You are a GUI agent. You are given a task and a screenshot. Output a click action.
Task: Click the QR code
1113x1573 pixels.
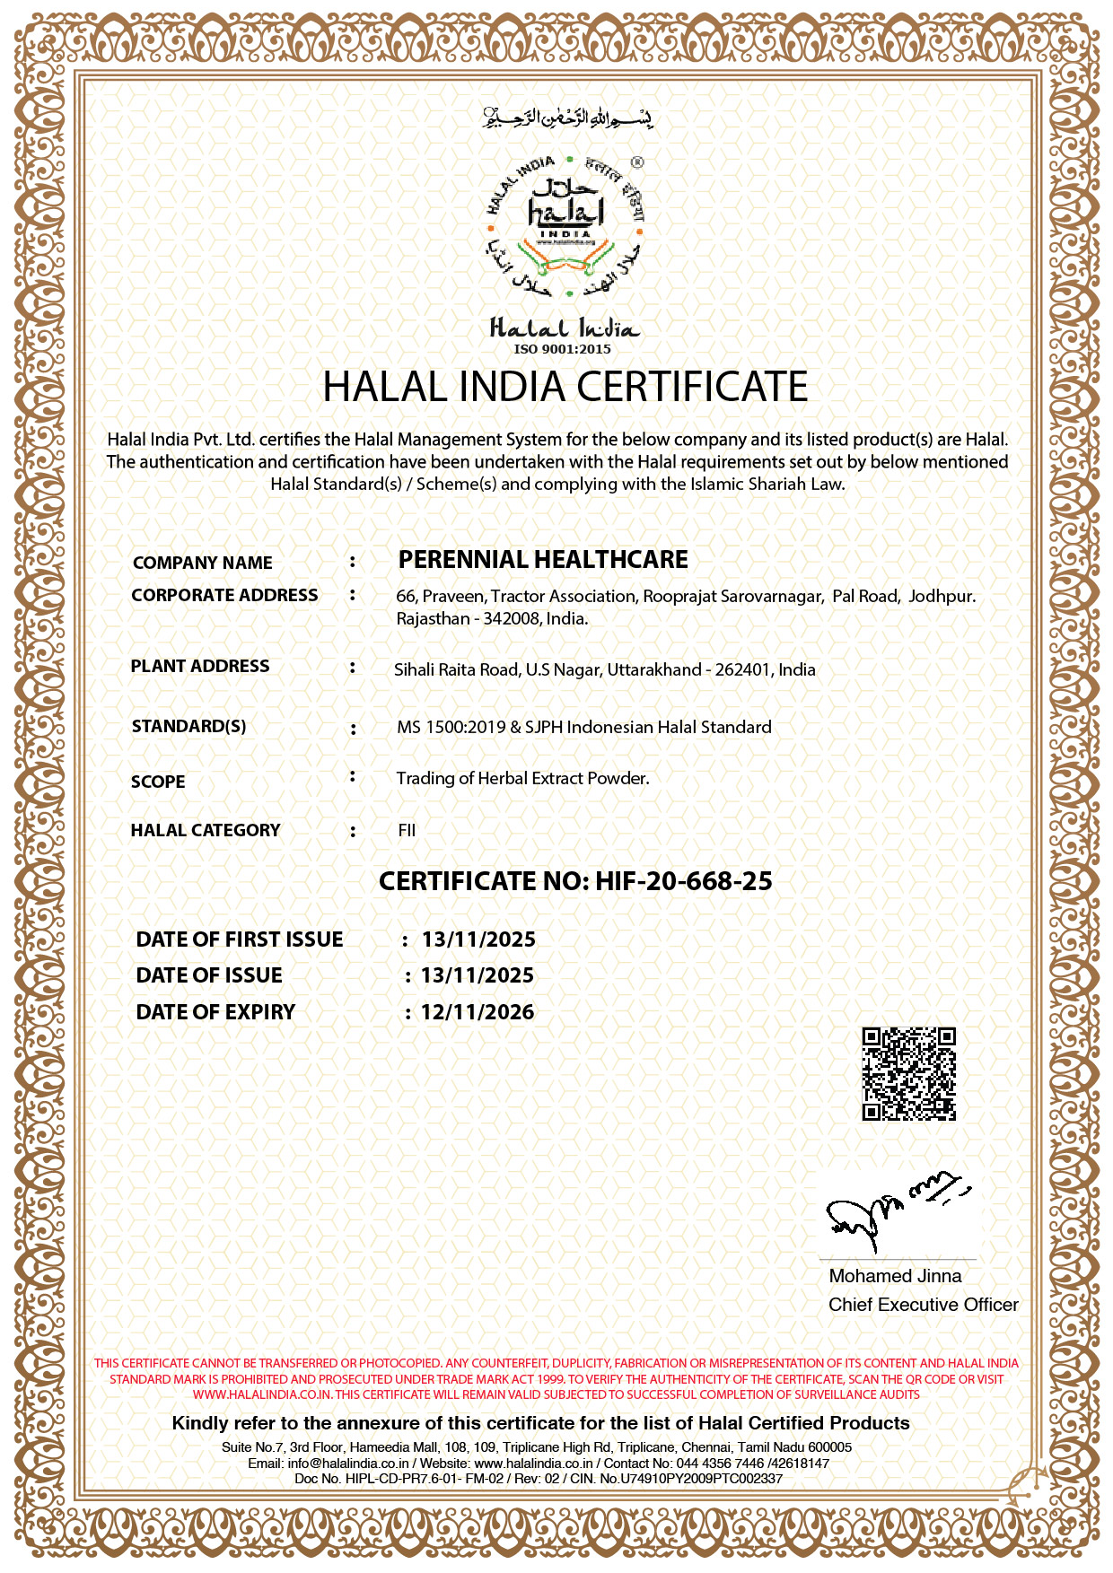pos(908,1073)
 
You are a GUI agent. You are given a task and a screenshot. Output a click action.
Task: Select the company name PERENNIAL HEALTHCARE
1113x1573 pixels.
pos(543,560)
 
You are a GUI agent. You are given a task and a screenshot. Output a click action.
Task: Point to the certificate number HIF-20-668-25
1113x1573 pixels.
pos(683,881)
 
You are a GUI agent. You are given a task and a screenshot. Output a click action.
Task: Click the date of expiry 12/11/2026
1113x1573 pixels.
pos(478,1012)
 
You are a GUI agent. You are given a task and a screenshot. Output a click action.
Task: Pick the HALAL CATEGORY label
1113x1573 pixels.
pos(206,831)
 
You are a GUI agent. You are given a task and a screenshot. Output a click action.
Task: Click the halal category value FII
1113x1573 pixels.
pos(407,831)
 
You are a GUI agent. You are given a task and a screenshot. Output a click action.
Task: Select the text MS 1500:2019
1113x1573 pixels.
pos(451,728)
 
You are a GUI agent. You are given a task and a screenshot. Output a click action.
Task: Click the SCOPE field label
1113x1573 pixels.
pos(158,782)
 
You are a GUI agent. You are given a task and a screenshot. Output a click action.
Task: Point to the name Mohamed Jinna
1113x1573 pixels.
pos(895,1276)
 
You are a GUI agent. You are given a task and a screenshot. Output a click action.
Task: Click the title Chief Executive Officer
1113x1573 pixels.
pos(923,1305)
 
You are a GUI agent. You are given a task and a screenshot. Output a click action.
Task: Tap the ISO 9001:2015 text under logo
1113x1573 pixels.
pos(562,349)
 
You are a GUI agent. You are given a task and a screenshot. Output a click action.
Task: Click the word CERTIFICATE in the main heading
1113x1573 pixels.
pos(692,387)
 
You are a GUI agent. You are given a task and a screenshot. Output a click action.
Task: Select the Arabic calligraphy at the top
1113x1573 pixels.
pos(567,118)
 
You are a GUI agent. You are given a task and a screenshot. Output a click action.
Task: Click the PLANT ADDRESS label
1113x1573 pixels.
pos(200,667)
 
